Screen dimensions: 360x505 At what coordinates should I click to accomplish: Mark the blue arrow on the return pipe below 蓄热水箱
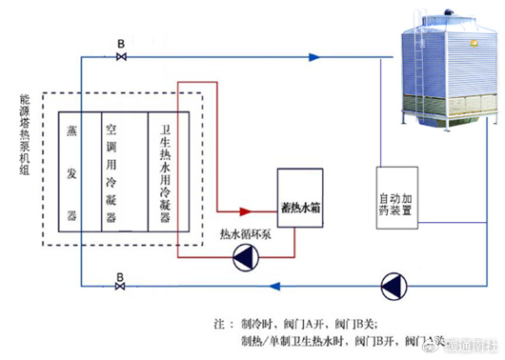(276, 284)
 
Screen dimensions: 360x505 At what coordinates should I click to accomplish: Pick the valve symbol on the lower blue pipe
(120, 285)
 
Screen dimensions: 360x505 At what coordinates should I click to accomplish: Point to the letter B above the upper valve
(121, 44)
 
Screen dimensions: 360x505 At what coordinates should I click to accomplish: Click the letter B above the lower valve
(120, 271)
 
